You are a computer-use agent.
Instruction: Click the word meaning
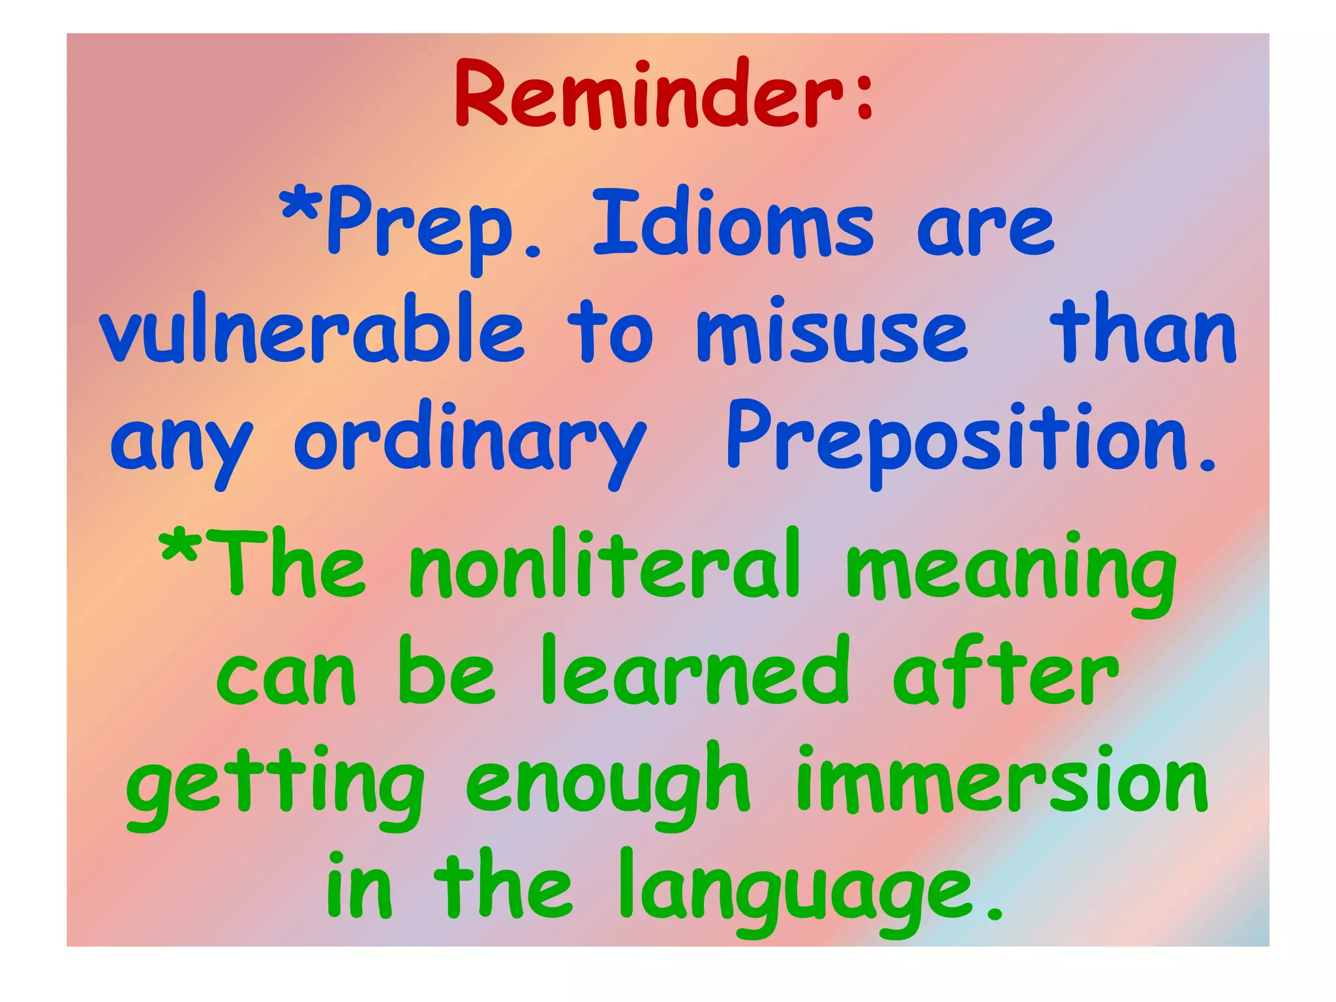(x=1011, y=571)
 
